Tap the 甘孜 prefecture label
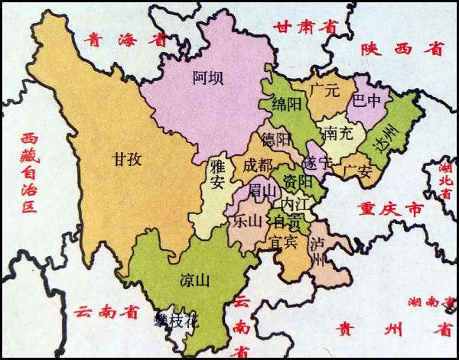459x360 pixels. [x=127, y=161]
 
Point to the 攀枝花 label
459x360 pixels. [x=175, y=321]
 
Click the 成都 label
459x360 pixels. [x=256, y=164]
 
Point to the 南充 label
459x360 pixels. [x=337, y=133]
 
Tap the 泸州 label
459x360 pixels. [x=320, y=254]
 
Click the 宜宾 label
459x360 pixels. [x=282, y=244]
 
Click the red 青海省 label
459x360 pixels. [x=117, y=40]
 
